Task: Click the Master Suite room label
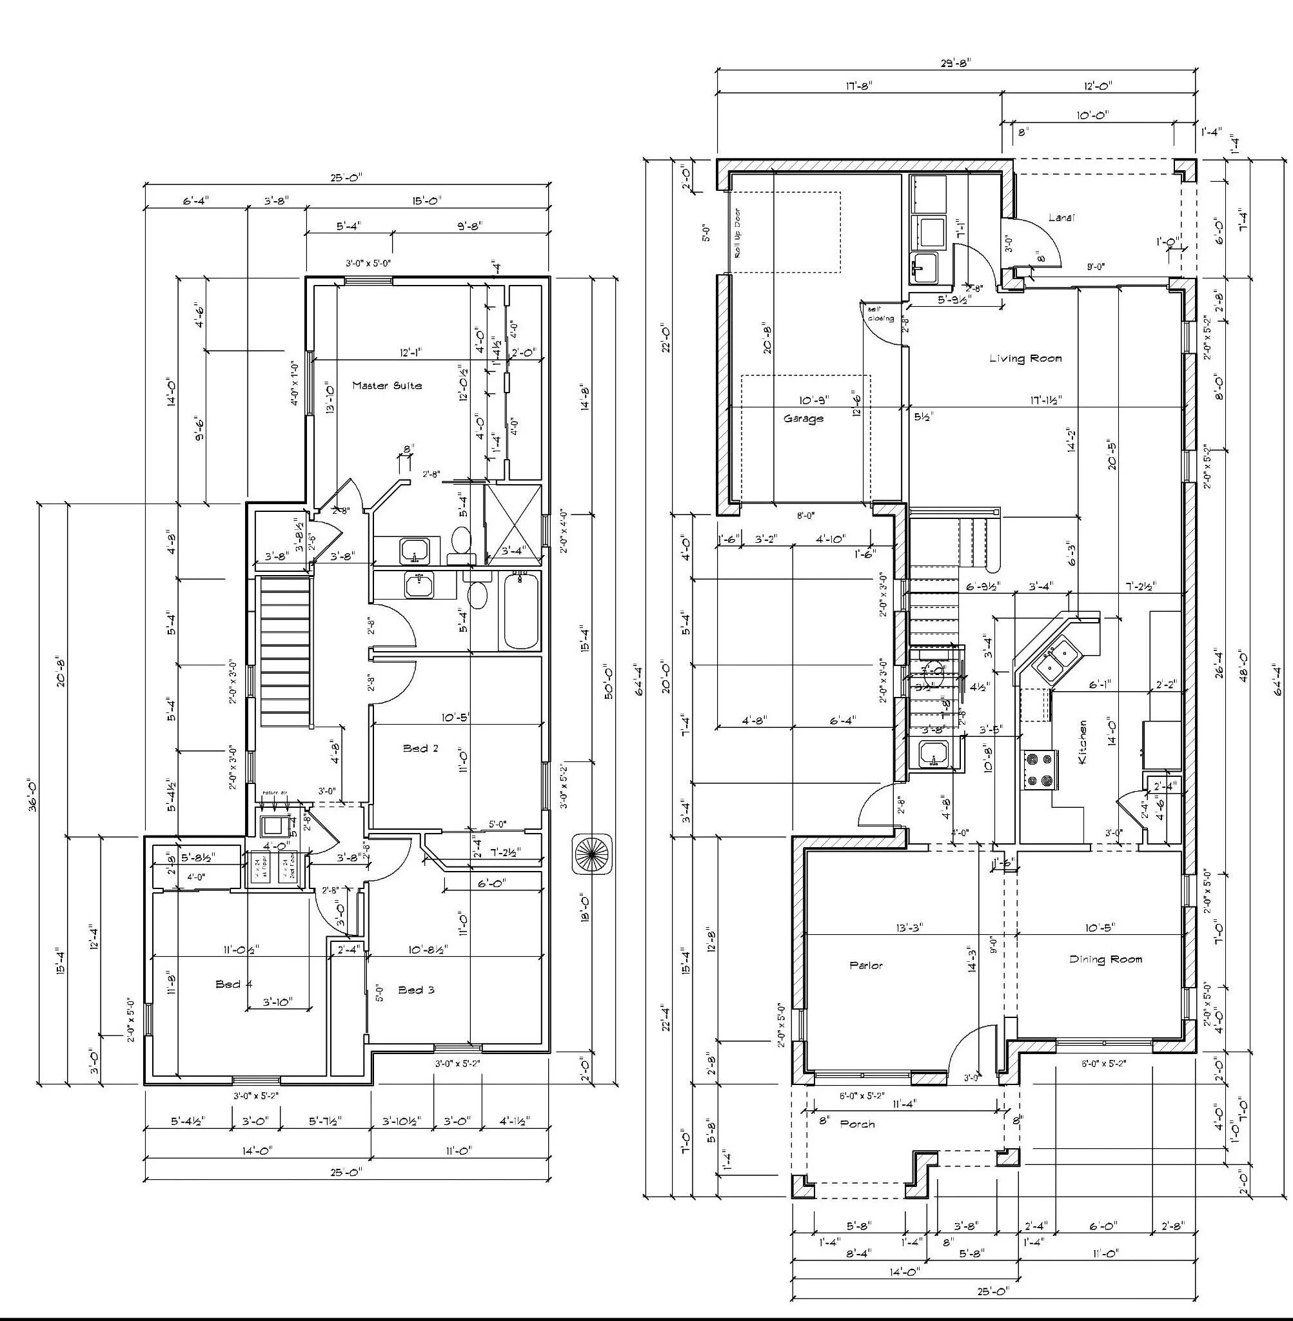[x=386, y=386]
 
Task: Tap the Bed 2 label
[x=420, y=748]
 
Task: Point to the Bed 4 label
[x=233, y=984]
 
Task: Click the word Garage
[x=804, y=419]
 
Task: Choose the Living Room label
[x=1025, y=358]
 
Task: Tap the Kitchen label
[x=1083, y=742]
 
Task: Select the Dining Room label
[x=1105, y=959]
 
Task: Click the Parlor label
[x=866, y=965]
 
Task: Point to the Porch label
[x=857, y=1124]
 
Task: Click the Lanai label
[x=1061, y=217]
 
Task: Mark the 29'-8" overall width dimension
[x=955, y=63]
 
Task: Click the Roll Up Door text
[x=738, y=233]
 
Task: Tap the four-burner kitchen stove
[x=1040, y=770]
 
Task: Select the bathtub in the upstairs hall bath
[x=521, y=611]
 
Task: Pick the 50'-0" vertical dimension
[x=609, y=681]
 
